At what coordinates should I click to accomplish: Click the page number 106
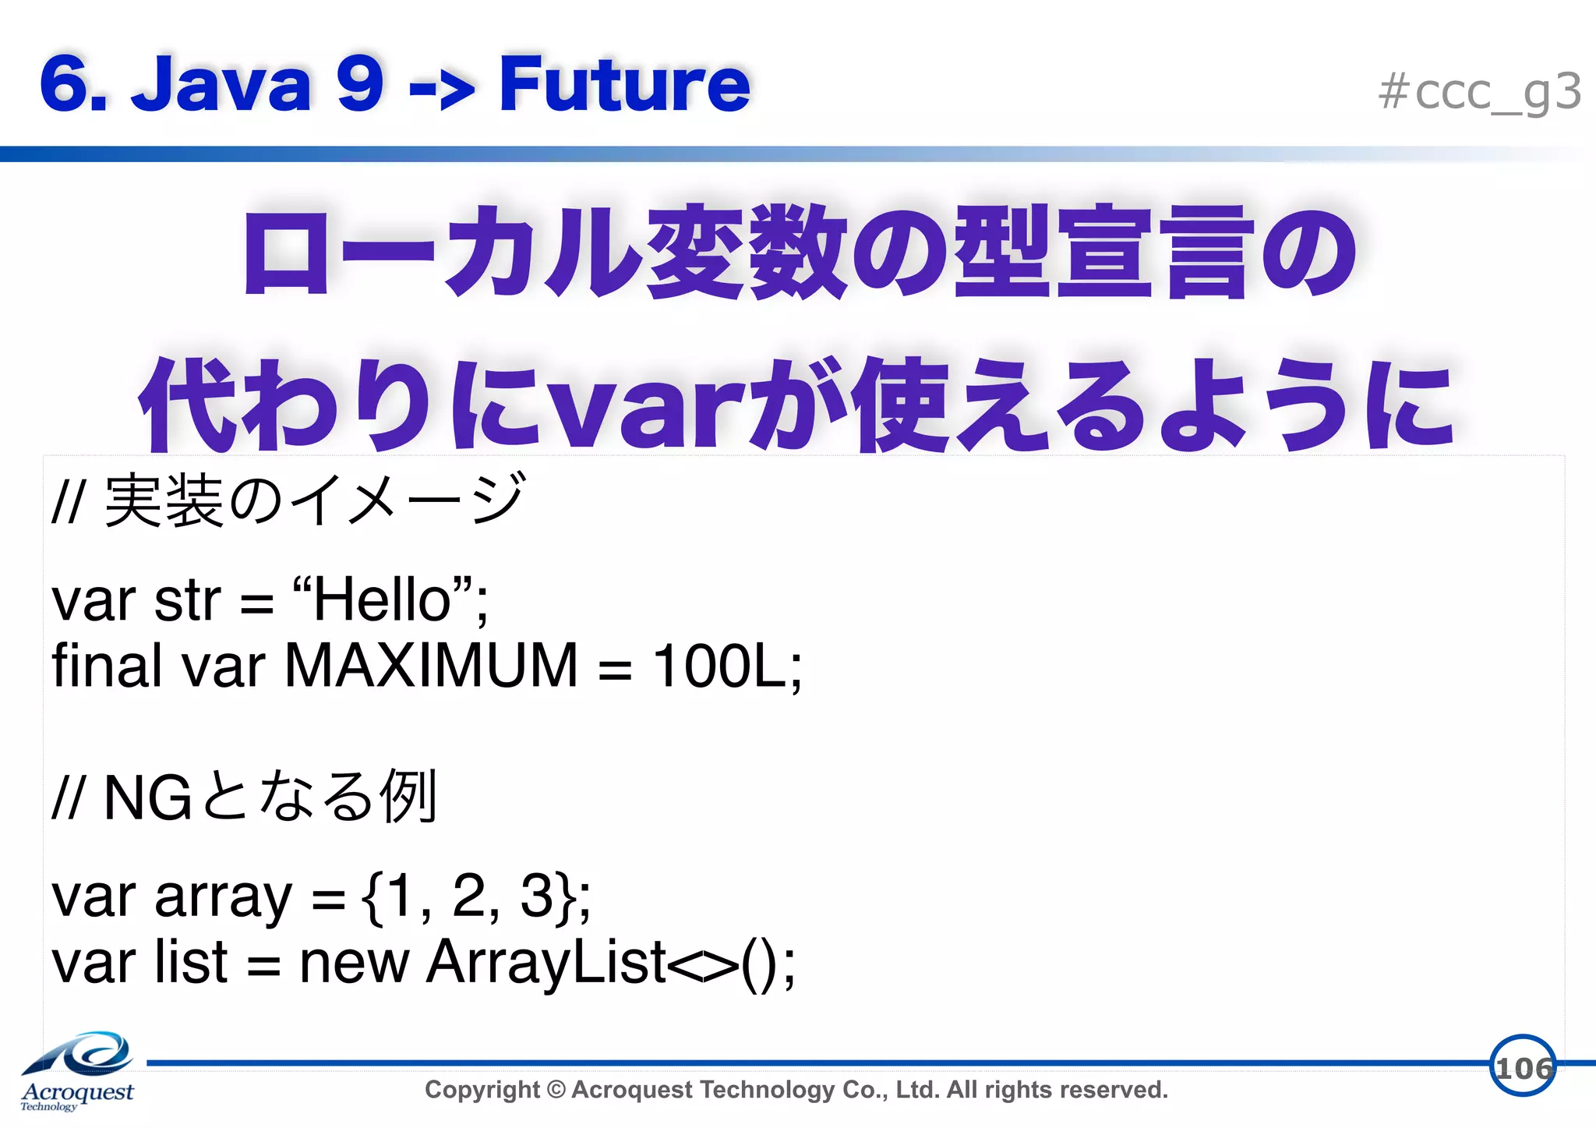tap(1523, 1067)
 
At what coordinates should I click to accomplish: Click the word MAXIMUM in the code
tap(431, 666)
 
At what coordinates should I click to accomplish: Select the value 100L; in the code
tap(727, 666)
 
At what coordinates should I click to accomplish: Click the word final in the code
tap(106, 666)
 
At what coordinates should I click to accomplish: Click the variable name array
tap(223, 898)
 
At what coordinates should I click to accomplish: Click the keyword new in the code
tap(354, 963)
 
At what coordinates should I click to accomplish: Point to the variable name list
tap(191, 963)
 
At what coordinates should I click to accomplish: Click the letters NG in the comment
tap(147, 798)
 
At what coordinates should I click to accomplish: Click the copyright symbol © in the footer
tap(556, 1090)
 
